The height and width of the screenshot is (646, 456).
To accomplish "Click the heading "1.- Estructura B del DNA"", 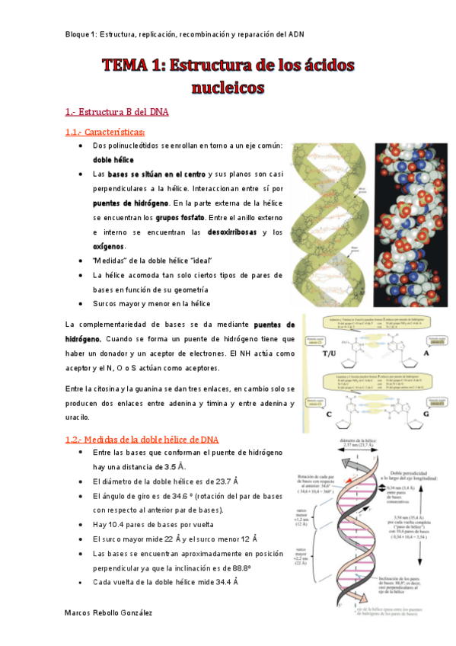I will point(116,112).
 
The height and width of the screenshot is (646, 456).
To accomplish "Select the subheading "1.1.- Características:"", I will point(105,132).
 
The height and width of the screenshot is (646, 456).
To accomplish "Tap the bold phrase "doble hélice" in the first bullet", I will point(113,160).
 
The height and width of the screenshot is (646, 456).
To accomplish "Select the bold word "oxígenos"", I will point(109,246).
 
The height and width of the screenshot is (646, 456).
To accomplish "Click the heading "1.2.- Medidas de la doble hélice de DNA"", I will point(142,440).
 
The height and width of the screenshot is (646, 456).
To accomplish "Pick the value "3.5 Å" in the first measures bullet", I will point(175,466).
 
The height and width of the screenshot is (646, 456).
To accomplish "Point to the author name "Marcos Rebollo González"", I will point(109,612).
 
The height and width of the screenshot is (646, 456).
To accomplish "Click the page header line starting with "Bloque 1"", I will point(185,35).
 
